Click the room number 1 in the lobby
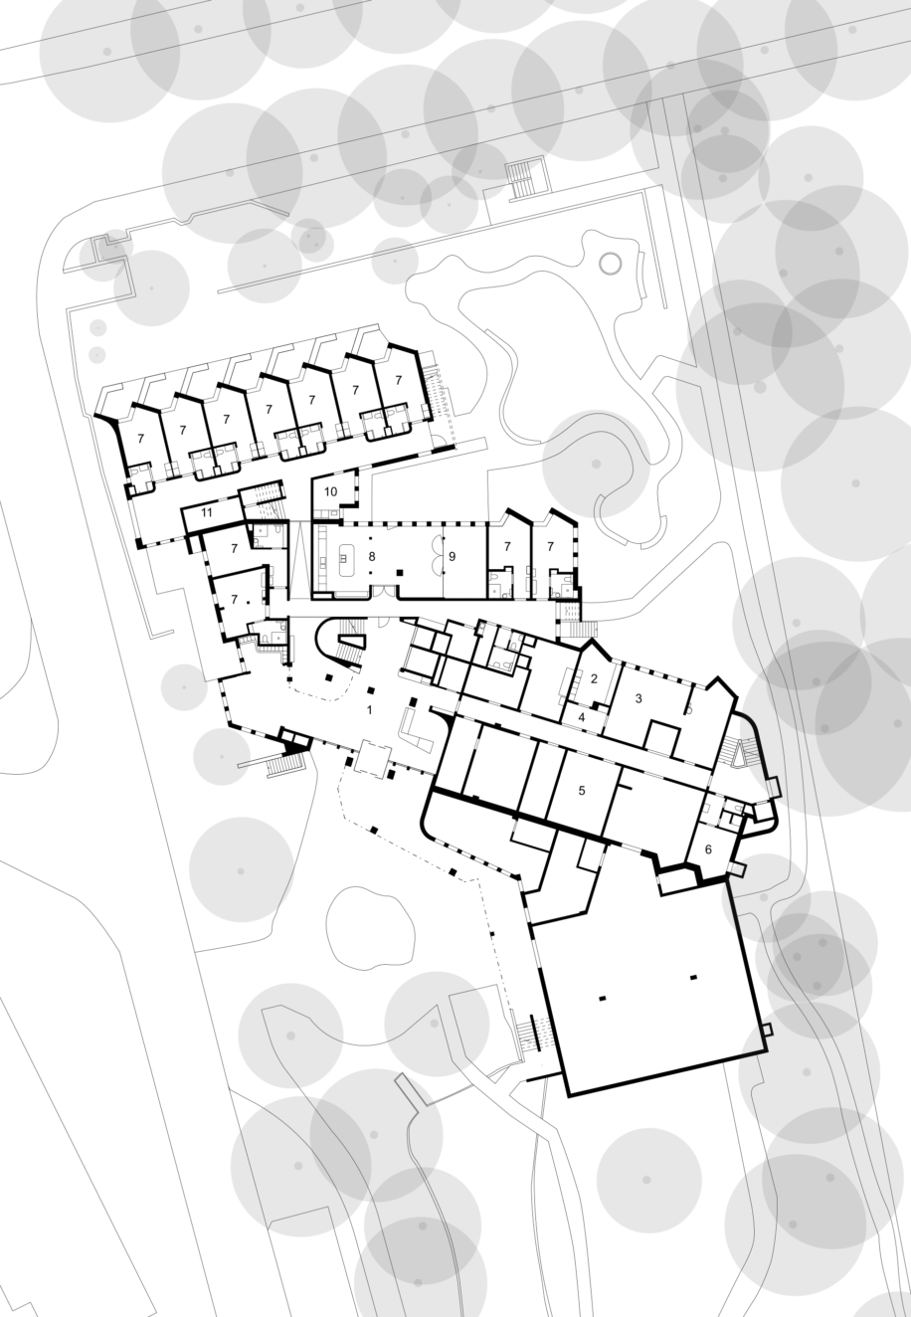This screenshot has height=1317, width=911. click(369, 710)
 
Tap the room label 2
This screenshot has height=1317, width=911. click(594, 679)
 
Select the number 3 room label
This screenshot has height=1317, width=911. click(638, 698)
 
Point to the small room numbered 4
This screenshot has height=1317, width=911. click(582, 717)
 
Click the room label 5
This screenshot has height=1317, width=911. click(582, 790)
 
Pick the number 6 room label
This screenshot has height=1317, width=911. click(708, 849)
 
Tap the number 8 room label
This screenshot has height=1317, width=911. click(371, 556)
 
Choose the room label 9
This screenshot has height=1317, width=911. click(452, 556)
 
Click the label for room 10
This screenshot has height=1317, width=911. click(331, 491)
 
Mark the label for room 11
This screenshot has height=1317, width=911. click(206, 512)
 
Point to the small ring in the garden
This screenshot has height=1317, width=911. click(610, 263)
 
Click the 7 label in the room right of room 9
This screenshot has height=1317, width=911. click(507, 547)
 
